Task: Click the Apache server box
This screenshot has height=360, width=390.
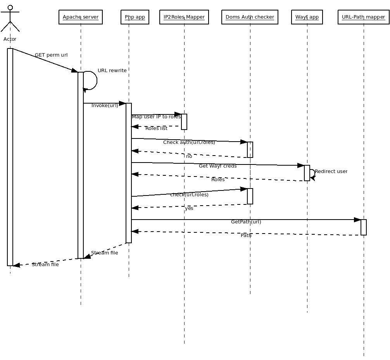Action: pyautogui.click(x=81, y=17)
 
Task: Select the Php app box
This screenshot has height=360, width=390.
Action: pyautogui.click(x=135, y=17)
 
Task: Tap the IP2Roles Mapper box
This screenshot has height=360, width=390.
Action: pyautogui.click(x=184, y=17)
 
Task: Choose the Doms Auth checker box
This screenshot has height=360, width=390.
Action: pyautogui.click(x=250, y=17)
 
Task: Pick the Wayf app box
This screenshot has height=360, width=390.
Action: pyautogui.click(x=307, y=17)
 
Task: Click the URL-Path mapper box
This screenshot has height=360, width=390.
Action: pyautogui.click(x=363, y=17)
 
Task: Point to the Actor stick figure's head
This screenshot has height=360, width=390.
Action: pyautogui.click(x=10, y=7)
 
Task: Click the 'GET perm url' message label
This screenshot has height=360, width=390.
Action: pyautogui.click(x=51, y=55)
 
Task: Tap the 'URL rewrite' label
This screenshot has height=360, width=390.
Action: pyautogui.click(x=112, y=71)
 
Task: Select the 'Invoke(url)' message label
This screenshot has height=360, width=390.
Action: pyautogui.click(x=105, y=106)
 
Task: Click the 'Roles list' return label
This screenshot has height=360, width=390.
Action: pyautogui.click(x=156, y=128)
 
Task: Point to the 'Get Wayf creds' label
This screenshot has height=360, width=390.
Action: pyautogui.click(x=217, y=166)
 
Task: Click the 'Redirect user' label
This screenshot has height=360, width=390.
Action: pyautogui.click(x=331, y=171)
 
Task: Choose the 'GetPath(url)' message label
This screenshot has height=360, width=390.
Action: pyautogui.click(x=246, y=222)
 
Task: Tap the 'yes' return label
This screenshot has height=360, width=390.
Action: pyautogui.click(x=189, y=208)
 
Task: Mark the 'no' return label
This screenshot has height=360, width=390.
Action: pyautogui.click(x=189, y=156)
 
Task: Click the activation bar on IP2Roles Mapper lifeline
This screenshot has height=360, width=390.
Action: pyautogui.click(x=184, y=122)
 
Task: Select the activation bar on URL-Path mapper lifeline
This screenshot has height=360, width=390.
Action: pyautogui.click(x=364, y=227)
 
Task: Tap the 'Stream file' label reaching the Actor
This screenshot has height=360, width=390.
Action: pyautogui.click(x=45, y=265)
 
